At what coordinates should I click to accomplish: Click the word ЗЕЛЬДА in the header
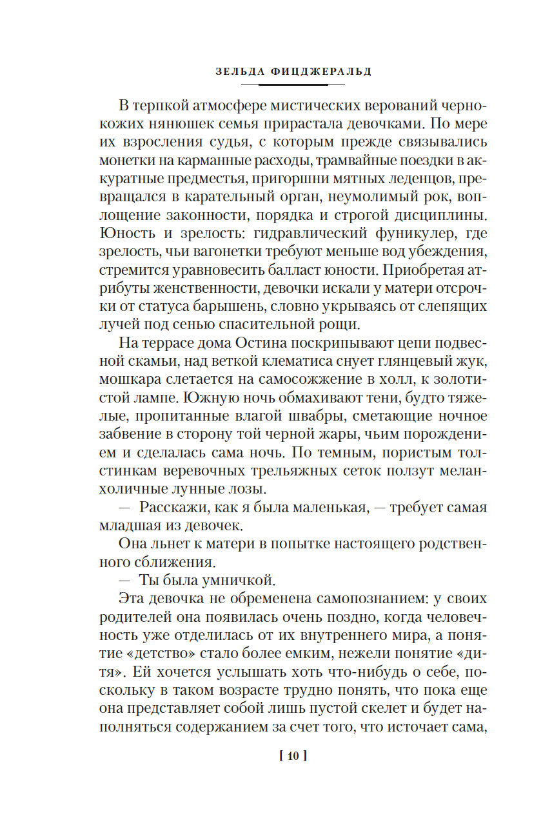[238, 72]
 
